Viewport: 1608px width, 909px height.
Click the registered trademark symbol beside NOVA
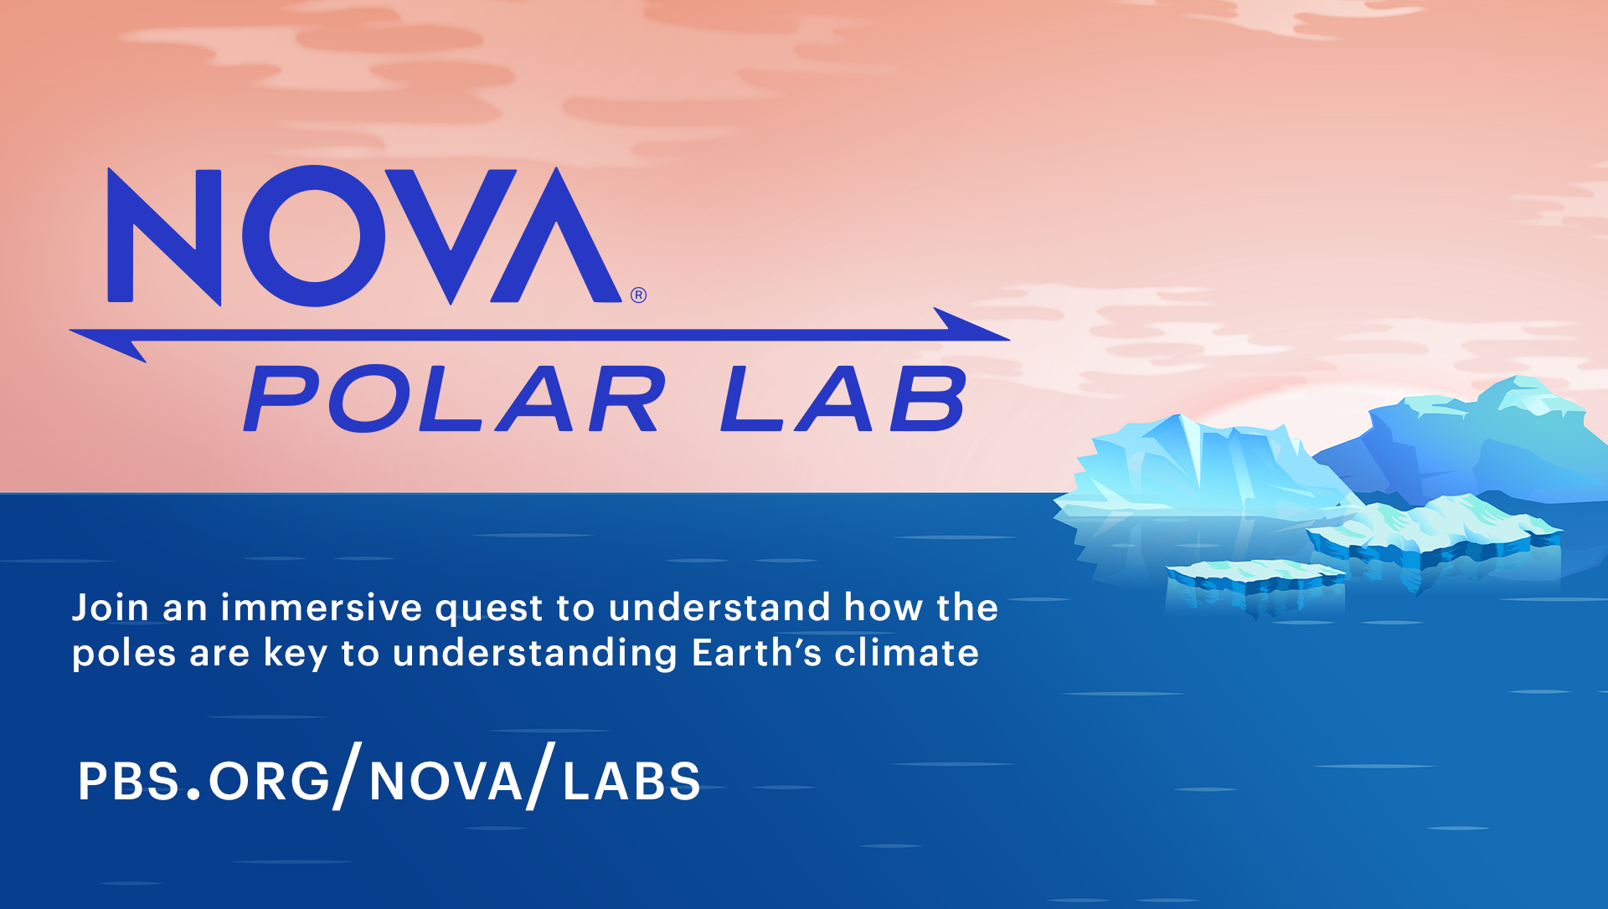[x=639, y=295]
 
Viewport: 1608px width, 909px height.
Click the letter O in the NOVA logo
[x=314, y=235]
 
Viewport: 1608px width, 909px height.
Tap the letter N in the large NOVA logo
[x=165, y=236]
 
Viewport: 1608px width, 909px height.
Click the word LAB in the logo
[x=843, y=399]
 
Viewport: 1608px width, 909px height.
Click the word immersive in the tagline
[x=322, y=608]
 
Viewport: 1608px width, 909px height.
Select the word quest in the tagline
[x=489, y=609]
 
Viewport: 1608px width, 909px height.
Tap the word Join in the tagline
[x=110, y=608]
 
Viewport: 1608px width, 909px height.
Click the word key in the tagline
[x=295, y=654]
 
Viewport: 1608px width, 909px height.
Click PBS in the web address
[x=129, y=781]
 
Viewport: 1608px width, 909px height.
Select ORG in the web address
[x=269, y=781]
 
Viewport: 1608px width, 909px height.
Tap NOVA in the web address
[x=446, y=781]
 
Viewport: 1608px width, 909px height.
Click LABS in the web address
[x=631, y=781]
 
